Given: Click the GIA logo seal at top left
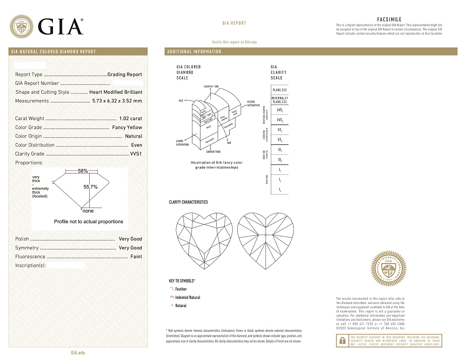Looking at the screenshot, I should point(22,26).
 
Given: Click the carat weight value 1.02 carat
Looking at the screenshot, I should point(130,119).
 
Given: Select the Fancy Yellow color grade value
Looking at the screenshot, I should point(127,127).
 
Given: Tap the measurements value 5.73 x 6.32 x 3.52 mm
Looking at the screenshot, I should point(117,101).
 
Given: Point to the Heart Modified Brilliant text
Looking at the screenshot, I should point(116,92).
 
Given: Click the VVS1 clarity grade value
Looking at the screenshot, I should point(136,154).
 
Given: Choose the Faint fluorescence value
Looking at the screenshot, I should point(136,256).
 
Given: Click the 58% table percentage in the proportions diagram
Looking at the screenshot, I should point(83,171).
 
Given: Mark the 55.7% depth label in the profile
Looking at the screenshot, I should point(91,187).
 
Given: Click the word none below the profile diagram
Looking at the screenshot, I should point(88,211).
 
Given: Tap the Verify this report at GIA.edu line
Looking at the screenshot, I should point(234,42).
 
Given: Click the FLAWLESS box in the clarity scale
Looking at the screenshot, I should point(279,90).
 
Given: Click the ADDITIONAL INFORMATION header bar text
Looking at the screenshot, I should point(194,52).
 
